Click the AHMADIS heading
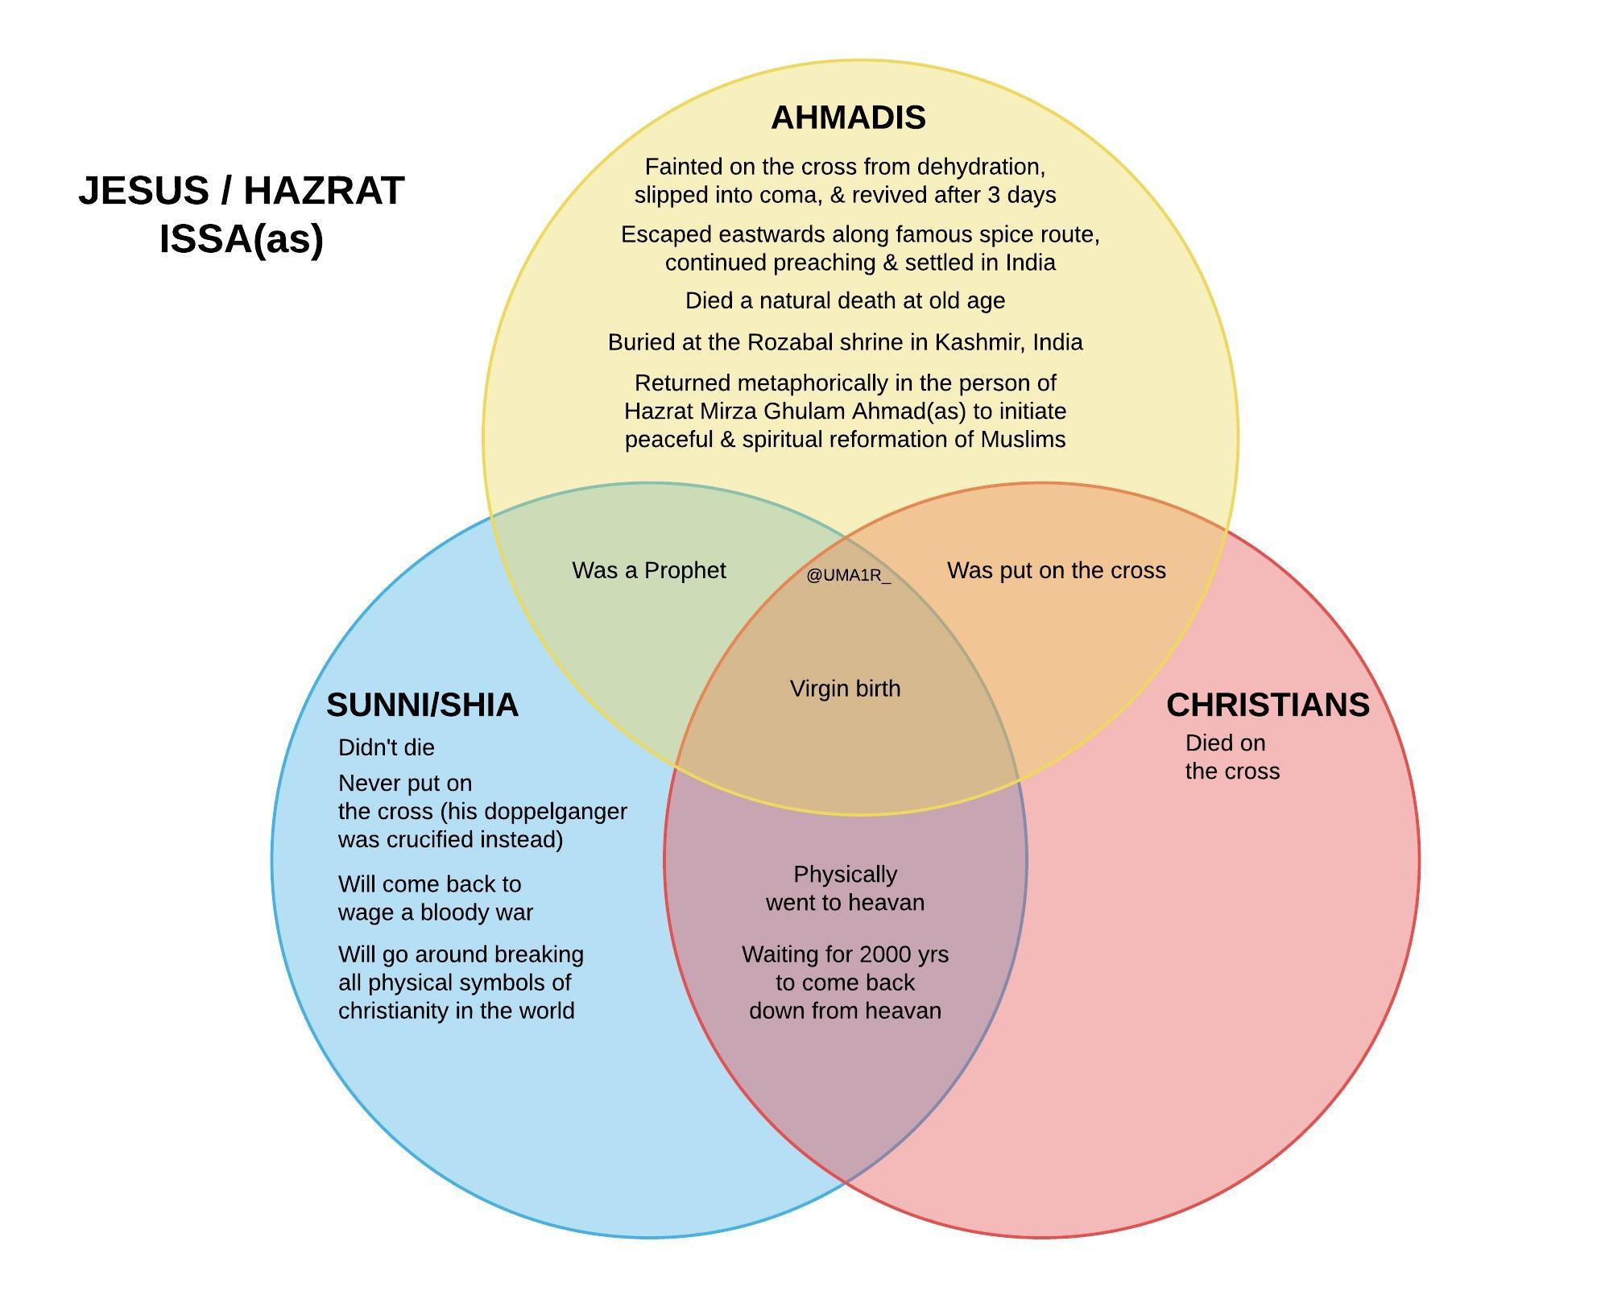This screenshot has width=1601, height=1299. point(848,118)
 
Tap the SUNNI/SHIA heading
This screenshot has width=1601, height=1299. point(422,705)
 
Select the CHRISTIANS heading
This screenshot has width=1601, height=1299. point(1268,705)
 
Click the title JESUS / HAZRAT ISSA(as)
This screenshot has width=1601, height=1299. point(242,214)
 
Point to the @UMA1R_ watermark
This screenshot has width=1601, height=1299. point(848,575)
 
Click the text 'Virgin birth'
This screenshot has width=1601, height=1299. point(845,689)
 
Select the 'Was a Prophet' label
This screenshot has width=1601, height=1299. point(648,570)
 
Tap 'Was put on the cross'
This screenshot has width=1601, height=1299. point(1056,570)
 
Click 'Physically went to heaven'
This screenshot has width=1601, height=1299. point(845,888)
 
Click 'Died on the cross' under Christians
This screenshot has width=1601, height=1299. point(1231,757)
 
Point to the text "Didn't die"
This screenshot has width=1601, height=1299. point(387,747)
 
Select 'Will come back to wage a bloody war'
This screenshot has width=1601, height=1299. point(435,898)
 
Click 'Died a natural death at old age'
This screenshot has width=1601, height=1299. point(845,300)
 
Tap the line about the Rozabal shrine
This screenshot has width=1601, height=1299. point(845,342)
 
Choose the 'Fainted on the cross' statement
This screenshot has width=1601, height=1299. point(845,180)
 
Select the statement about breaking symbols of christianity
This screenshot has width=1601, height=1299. point(460,983)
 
